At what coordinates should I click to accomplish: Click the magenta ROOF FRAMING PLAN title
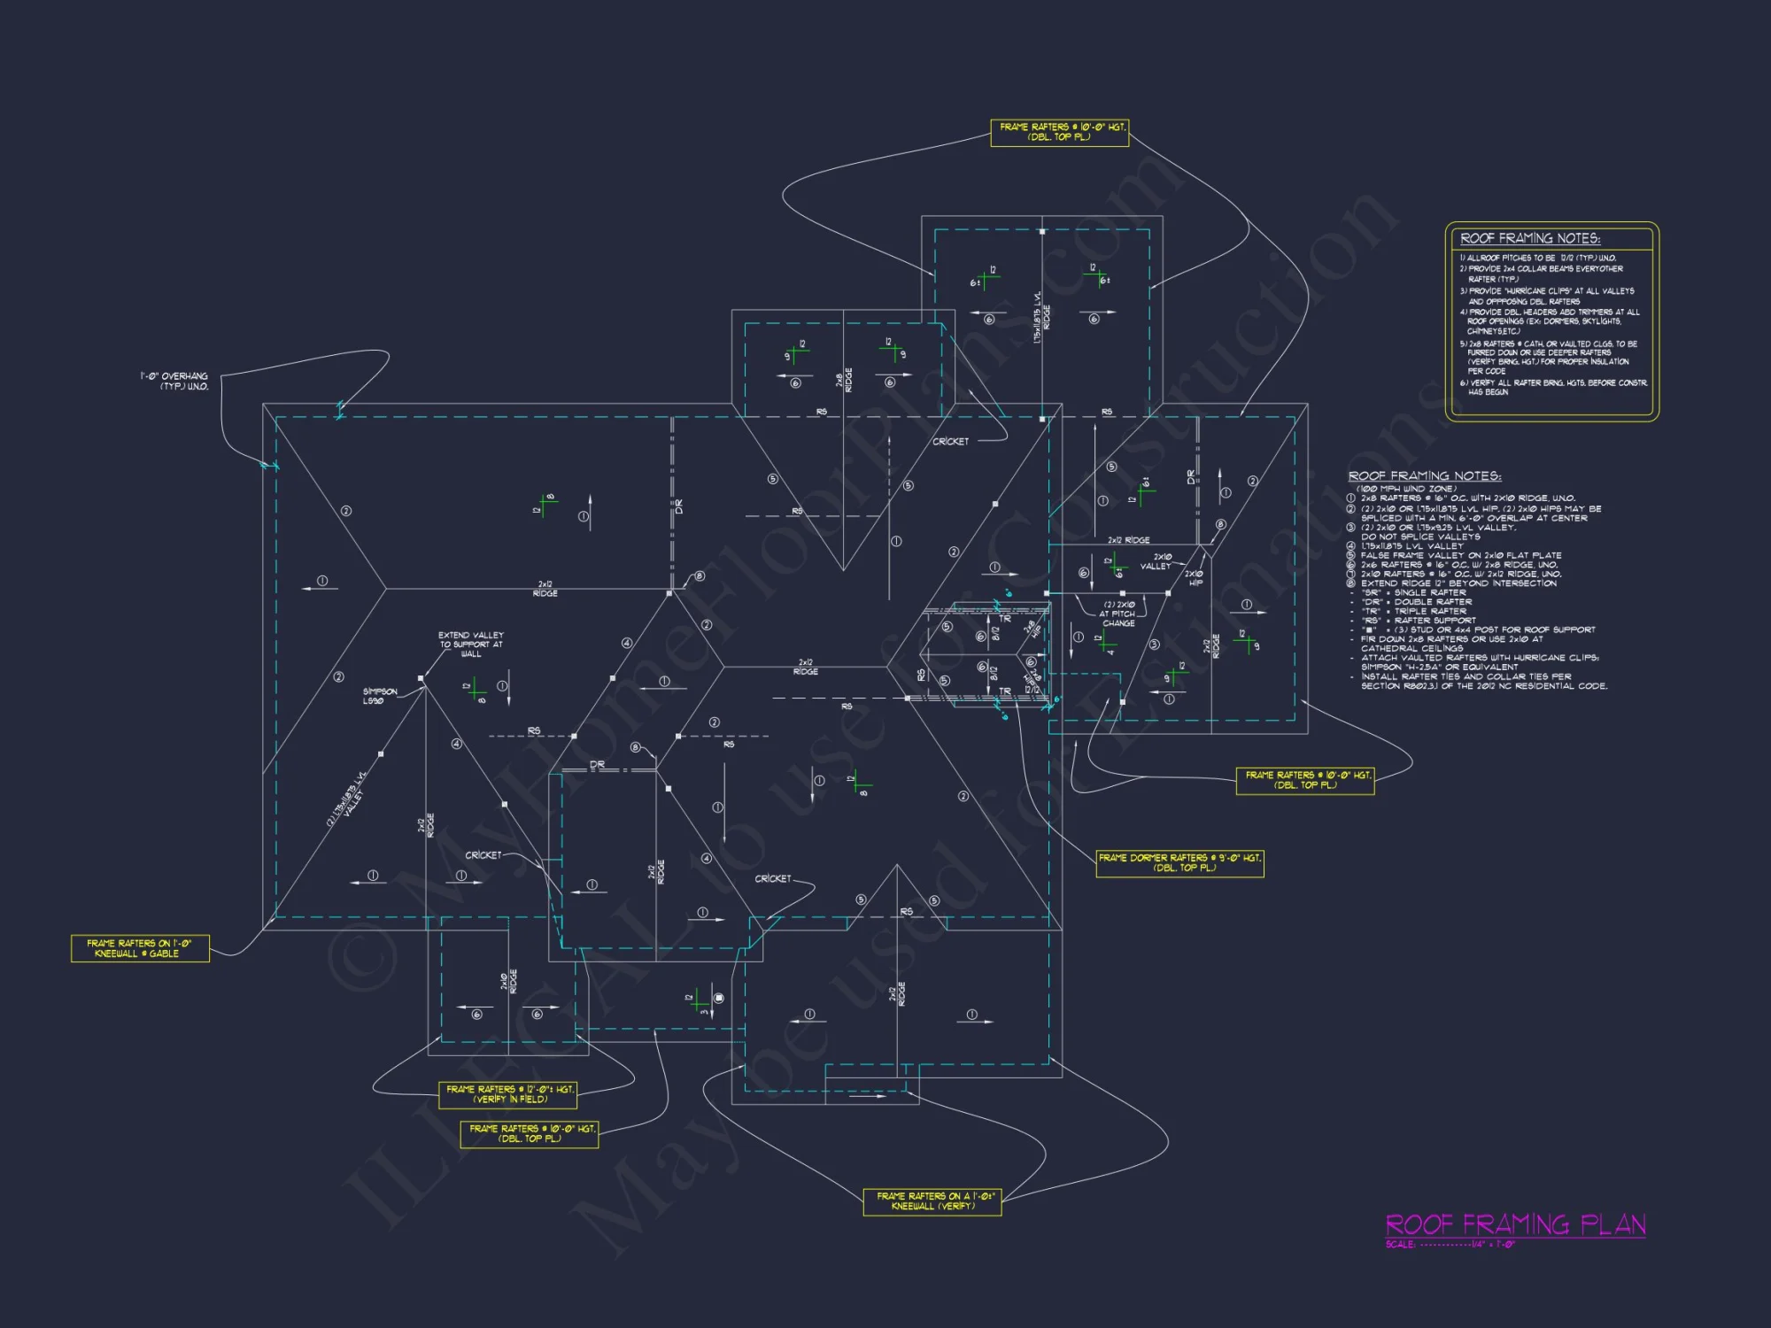click(x=1515, y=1224)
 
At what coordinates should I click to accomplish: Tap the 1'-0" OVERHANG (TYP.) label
click(x=174, y=382)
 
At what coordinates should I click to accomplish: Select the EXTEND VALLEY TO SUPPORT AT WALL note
click(x=470, y=645)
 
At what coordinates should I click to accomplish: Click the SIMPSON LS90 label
click(x=379, y=696)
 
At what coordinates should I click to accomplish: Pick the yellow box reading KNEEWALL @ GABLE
click(x=140, y=948)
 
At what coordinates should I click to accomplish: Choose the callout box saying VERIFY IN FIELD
click(x=508, y=1094)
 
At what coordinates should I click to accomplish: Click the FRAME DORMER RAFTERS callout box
click(x=1179, y=863)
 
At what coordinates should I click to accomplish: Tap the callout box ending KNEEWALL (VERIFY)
click(x=932, y=1201)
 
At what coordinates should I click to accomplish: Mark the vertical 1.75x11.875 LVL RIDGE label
click(x=1041, y=317)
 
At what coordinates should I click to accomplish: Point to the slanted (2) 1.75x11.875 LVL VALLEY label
click(x=346, y=799)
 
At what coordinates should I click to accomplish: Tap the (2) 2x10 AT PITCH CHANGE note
click(x=1118, y=614)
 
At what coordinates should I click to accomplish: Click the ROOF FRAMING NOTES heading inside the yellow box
click(x=1529, y=238)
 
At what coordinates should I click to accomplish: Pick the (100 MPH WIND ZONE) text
click(x=1406, y=489)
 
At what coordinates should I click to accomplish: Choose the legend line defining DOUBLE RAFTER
click(x=1417, y=602)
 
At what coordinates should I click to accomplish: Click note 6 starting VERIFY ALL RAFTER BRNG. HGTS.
click(x=1553, y=387)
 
